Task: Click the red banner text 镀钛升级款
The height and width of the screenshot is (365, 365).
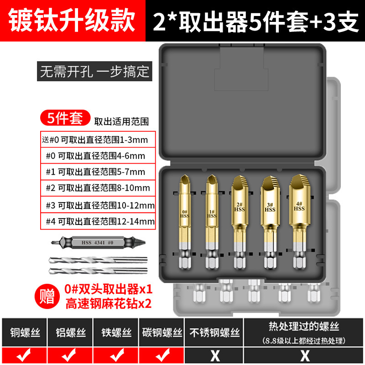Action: (x=72, y=21)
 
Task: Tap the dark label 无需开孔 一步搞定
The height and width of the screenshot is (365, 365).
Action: (x=94, y=71)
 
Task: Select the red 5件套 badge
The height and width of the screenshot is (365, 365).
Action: (x=65, y=118)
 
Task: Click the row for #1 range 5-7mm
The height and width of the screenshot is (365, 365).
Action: (x=98, y=172)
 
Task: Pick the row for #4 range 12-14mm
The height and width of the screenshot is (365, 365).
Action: (x=98, y=221)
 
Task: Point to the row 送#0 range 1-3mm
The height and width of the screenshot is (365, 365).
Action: (x=98, y=140)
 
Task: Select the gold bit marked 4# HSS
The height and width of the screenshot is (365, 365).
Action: (x=299, y=222)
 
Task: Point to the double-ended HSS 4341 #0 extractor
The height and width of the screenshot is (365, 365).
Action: (x=98, y=243)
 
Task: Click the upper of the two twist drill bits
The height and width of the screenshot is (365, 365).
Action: (x=98, y=260)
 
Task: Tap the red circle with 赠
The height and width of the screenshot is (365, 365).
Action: (x=47, y=296)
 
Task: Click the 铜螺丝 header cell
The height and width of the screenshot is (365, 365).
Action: (x=25, y=332)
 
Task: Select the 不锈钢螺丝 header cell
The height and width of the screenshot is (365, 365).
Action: (x=214, y=332)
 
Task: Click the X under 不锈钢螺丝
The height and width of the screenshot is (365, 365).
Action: (x=215, y=356)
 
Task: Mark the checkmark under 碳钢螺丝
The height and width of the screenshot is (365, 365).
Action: (x=162, y=355)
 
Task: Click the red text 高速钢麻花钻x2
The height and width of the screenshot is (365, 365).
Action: (x=109, y=303)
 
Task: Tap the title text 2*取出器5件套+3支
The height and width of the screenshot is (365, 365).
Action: (x=255, y=21)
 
